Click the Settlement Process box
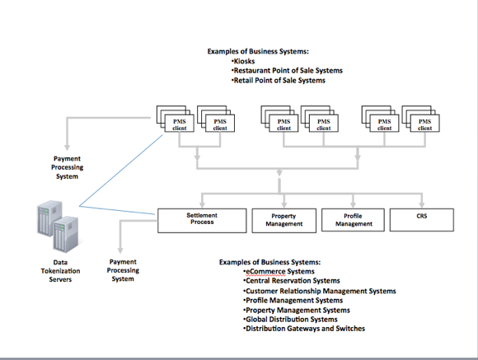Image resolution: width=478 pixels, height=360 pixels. coord(202,221)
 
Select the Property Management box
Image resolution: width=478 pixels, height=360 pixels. coord(284,221)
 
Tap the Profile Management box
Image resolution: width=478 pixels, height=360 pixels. coord(353,220)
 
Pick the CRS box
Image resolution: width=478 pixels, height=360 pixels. coord(422,220)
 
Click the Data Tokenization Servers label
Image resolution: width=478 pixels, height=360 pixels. coord(60,271)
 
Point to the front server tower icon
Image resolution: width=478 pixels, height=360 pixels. coord(66,235)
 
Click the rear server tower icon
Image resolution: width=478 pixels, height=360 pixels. coord(49,218)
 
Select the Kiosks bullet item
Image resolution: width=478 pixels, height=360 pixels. coord(243,61)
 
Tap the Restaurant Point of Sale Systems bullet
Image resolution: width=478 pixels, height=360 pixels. coord(287,71)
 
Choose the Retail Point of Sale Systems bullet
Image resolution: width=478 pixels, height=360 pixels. coord(278,81)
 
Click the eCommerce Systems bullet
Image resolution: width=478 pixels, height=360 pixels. coord(279,271)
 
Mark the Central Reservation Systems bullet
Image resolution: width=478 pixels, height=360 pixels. coord(292,281)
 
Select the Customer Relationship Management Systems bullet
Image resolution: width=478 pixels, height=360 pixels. coord(320,291)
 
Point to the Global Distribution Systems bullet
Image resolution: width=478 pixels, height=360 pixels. coord(290,320)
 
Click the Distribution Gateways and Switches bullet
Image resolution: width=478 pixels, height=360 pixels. coord(304,329)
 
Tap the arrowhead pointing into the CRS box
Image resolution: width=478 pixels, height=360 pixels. coord(422,205)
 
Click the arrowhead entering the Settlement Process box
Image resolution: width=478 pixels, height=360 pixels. coord(202,205)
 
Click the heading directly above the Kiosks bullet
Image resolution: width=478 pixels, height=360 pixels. coord(258,52)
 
